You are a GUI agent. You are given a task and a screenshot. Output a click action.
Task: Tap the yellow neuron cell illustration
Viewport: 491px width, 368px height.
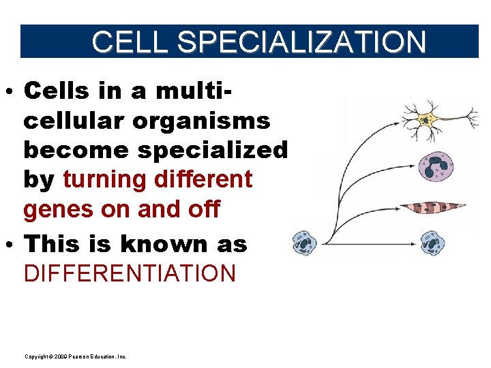pos(427,120)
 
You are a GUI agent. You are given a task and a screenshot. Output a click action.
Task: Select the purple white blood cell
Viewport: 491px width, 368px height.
pos(434,165)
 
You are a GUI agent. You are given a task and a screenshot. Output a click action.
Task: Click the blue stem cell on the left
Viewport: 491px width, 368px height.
pos(304,243)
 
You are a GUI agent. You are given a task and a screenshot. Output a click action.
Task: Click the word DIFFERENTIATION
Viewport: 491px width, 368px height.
pos(130,273)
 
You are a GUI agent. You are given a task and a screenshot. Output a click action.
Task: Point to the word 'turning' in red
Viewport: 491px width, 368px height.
pos(105,180)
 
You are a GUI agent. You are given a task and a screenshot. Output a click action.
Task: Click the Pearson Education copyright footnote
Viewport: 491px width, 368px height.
pos(75,356)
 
